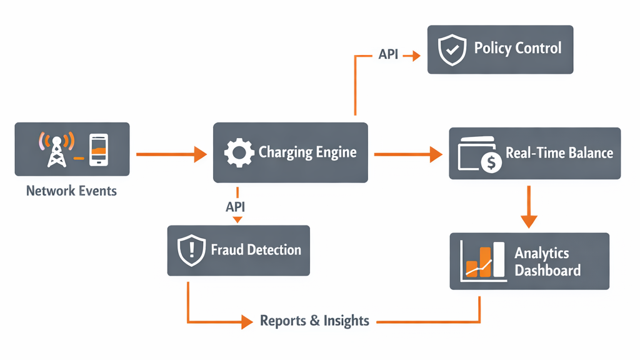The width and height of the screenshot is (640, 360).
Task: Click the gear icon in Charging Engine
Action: pos(238,152)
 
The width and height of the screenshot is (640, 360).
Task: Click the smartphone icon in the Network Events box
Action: pos(97,149)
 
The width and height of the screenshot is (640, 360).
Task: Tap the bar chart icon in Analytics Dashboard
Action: pos(481,261)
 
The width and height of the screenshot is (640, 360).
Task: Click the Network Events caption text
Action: pos(71,191)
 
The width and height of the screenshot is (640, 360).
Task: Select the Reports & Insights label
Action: pos(314,321)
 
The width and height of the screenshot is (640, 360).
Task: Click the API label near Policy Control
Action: pos(388,55)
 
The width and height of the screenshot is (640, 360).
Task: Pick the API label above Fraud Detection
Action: pos(237,205)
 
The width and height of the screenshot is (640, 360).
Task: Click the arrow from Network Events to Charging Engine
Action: pos(171,153)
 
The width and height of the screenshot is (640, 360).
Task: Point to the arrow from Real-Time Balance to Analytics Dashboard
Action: pos(529,206)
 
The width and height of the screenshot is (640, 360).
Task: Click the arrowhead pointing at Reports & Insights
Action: pos(245,322)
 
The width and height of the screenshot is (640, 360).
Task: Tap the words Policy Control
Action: pos(517,49)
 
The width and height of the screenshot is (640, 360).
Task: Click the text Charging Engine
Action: pos(307,152)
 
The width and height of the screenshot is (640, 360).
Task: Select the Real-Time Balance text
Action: pos(559,153)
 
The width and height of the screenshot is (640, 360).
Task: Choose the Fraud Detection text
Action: pos(256,250)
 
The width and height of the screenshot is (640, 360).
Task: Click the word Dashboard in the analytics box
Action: pos(547,271)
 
